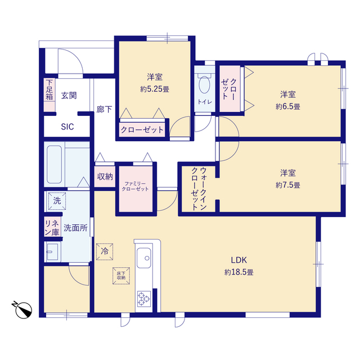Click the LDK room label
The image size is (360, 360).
tap(238, 260)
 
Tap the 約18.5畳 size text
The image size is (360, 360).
tap(238, 272)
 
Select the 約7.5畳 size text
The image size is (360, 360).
tap(288, 185)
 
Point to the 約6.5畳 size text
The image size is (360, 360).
tap(288, 106)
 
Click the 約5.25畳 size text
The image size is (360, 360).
tap(155, 89)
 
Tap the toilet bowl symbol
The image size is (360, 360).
tap(204, 84)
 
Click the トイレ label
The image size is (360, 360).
tap(205, 102)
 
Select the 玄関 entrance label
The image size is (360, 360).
tap(69, 96)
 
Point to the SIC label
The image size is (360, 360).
tap(67, 127)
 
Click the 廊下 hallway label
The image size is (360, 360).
tap(104, 109)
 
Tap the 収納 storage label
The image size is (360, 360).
tap(105, 177)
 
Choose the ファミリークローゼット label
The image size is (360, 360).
tap(135, 186)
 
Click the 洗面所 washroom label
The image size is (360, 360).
tap(75, 228)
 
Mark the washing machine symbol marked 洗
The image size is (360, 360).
tap(57, 201)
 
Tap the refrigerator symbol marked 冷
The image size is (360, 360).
tap(105, 251)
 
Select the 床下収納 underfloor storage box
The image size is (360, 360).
tap(121, 276)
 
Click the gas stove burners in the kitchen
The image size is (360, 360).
tap(144, 299)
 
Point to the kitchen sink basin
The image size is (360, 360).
tap(144, 258)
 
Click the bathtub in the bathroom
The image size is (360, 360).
tap(54, 164)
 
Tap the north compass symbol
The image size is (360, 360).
tap(22, 309)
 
